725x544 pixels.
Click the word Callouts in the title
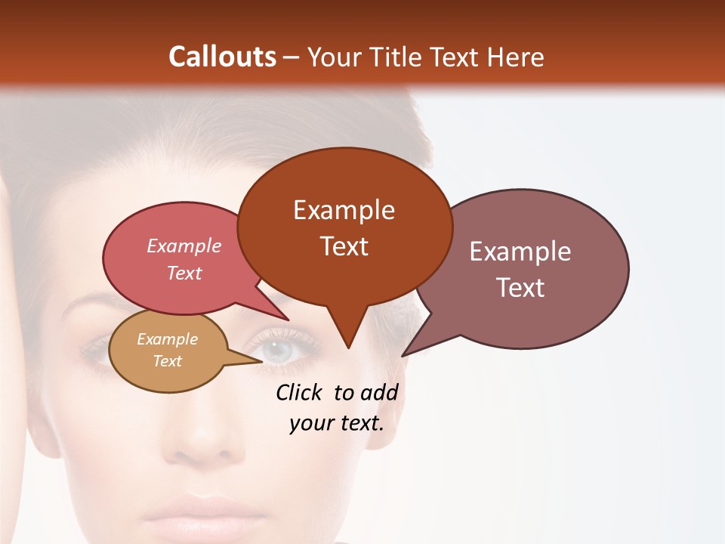click(222, 57)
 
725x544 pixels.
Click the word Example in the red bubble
click(184, 246)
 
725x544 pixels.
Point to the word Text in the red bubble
click(184, 273)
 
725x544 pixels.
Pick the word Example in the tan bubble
click(167, 339)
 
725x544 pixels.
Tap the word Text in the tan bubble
click(167, 361)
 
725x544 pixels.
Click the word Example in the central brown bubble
click(344, 210)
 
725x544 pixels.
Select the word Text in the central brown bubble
click(344, 246)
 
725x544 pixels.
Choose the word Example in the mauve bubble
click(520, 252)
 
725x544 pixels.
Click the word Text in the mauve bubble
click(520, 288)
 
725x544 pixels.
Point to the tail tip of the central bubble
click(348, 348)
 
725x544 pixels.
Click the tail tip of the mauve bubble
click(403, 355)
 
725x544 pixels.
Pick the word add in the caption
click(378, 392)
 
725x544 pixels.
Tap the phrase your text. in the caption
click(336, 423)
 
